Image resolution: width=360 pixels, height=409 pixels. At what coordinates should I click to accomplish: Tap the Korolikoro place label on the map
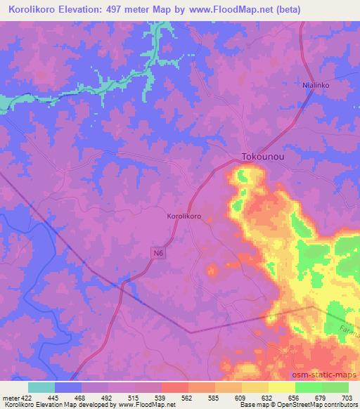pos(184,217)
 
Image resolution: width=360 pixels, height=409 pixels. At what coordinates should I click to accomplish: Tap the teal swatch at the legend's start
pos(41,387)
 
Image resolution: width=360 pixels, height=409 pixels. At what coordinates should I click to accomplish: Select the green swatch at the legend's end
pos(335,387)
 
